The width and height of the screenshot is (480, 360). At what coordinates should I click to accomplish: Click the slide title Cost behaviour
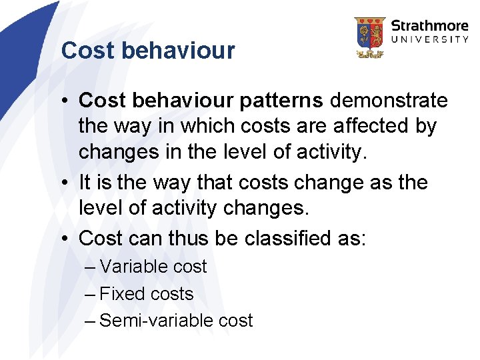coord(147,51)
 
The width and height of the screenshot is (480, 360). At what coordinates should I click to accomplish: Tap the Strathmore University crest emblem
coord(369,37)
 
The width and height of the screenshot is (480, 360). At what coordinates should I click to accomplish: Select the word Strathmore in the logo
coord(429,27)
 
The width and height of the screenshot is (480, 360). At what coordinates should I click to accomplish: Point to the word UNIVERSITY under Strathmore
coord(429,40)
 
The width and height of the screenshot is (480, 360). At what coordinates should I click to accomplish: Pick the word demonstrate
coord(389,101)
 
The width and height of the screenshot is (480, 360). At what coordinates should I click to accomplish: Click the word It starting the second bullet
coord(85,183)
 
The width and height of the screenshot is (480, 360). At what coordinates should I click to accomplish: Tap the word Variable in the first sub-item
coord(134,267)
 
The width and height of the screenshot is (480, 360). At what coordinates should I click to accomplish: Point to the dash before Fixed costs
coord(91,294)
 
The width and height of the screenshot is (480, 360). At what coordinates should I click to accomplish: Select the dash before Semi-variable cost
coord(91,321)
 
